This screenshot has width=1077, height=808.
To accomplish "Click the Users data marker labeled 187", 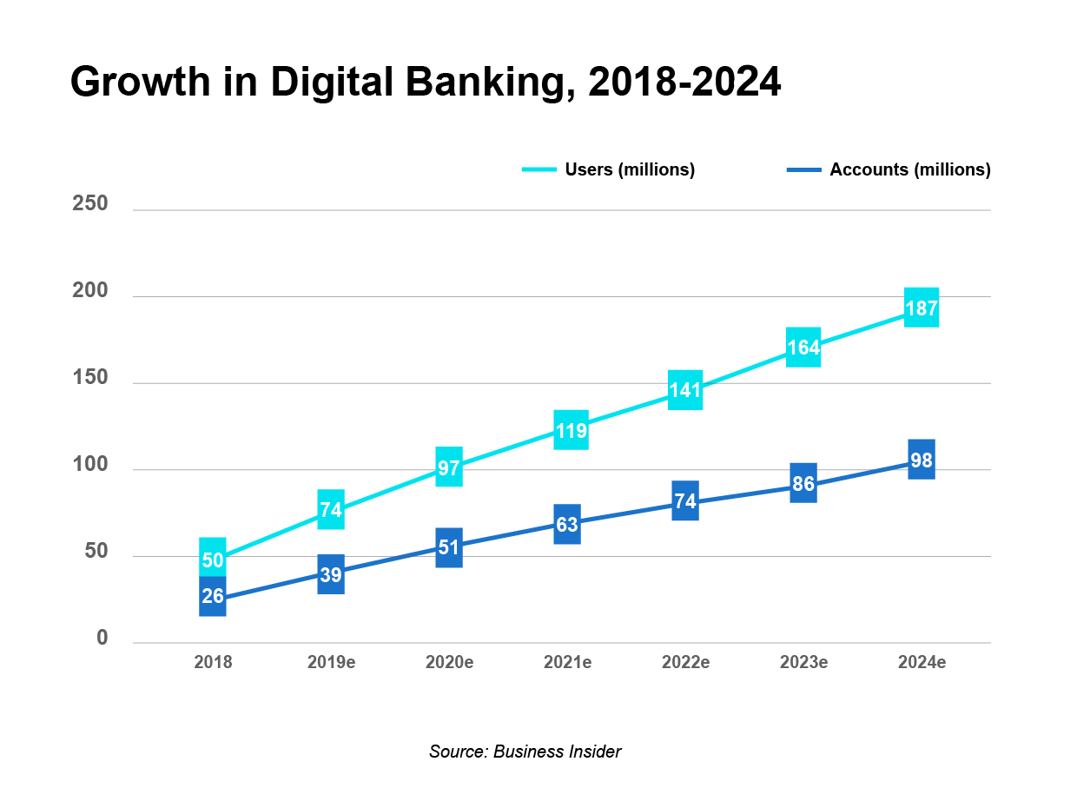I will click(921, 308).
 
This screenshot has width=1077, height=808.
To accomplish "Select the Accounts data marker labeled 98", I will click(921, 459).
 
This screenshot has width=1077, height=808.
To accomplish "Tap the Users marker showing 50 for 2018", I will click(213, 558).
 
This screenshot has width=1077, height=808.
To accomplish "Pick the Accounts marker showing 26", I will click(213, 597).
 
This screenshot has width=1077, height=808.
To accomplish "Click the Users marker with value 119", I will click(571, 430).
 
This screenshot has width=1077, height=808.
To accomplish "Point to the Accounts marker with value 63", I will click(567, 524).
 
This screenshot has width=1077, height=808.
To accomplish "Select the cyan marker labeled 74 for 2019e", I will click(331, 509).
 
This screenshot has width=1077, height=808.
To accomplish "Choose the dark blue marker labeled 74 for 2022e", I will click(685, 500).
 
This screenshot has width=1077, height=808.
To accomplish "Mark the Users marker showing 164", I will click(803, 348).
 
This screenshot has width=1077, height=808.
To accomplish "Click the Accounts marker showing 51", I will click(449, 547).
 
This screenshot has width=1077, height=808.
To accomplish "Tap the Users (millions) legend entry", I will click(608, 169).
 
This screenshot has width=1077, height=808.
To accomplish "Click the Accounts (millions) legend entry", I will click(889, 169).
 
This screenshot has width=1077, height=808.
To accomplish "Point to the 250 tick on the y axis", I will click(90, 204).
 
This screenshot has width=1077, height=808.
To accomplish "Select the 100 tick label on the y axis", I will click(90, 465).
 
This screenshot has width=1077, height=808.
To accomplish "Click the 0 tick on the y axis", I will click(102, 639).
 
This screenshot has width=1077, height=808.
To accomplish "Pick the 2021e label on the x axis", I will click(567, 663).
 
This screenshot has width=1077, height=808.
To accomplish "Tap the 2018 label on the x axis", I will click(213, 663).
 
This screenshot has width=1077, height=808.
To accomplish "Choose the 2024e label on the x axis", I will click(921, 663).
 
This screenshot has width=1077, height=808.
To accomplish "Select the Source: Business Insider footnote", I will click(525, 752).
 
